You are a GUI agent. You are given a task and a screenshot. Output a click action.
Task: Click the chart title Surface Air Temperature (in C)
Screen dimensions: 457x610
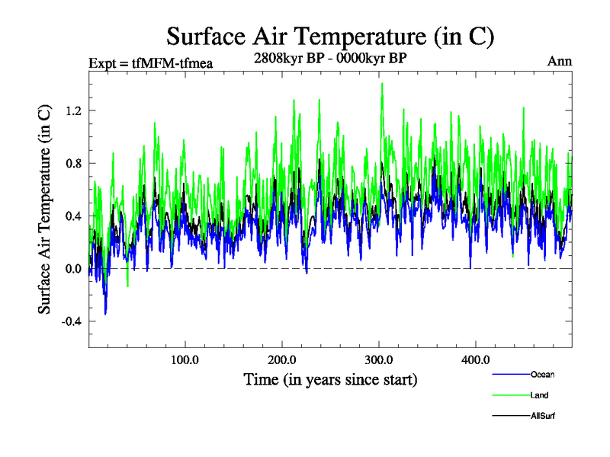pos(331,37)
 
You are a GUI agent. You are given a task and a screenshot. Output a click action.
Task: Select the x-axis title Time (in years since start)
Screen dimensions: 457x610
pos(330,379)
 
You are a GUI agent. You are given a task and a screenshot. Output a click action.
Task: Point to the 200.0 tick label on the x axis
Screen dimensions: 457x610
pos(282,360)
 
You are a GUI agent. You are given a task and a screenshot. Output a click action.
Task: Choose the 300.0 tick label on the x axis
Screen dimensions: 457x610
pos(379,360)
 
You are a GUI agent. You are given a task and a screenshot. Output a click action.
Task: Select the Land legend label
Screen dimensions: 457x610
pos(539,395)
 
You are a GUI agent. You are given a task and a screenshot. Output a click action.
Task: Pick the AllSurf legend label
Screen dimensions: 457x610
pos(542,416)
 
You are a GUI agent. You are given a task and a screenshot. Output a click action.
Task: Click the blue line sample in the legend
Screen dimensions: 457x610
pos(510,375)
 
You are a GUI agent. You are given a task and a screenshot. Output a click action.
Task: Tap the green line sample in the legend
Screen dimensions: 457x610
pos(510,395)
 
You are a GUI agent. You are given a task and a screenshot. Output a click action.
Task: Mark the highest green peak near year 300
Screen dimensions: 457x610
pos(381,84)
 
